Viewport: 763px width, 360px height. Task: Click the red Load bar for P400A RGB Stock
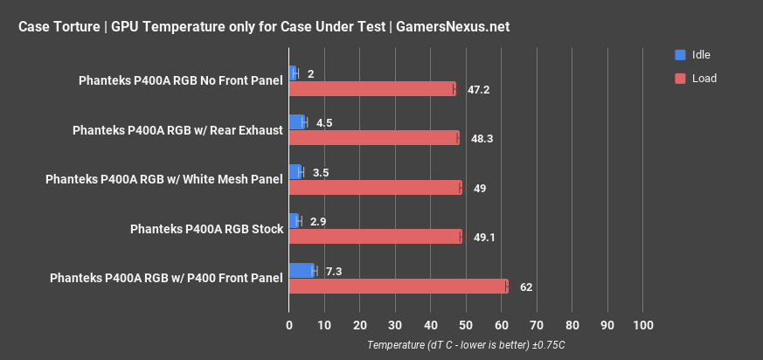point(376,237)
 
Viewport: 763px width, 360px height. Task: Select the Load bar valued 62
point(399,287)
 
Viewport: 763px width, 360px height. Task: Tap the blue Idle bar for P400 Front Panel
point(302,271)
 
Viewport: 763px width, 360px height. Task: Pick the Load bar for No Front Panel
point(372,88)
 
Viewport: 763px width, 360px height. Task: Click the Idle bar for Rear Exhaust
point(297,121)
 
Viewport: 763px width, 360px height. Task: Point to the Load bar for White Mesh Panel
point(376,187)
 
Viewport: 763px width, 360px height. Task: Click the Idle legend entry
point(700,55)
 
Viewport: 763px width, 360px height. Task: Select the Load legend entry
point(704,79)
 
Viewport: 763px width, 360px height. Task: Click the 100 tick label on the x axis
point(642,326)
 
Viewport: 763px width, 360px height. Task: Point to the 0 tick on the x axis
point(289,326)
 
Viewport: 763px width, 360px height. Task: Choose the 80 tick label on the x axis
point(572,326)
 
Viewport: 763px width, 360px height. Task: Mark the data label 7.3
point(334,272)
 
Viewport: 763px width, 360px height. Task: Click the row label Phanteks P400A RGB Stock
point(206,229)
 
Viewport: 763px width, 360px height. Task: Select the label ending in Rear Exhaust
point(177,130)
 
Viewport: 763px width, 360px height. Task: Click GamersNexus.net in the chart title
point(453,26)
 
